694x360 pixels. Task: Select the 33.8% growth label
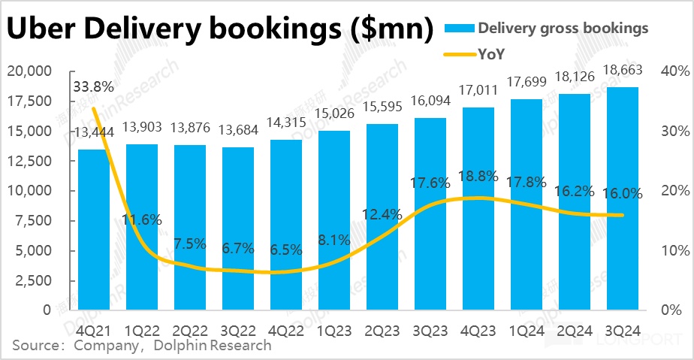click(x=94, y=86)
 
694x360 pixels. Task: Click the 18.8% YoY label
click(x=478, y=176)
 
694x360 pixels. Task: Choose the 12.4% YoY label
click(x=382, y=216)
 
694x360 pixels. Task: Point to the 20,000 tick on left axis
click(x=29, y=71)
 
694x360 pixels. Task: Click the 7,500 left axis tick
click(x=33, y=221)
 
